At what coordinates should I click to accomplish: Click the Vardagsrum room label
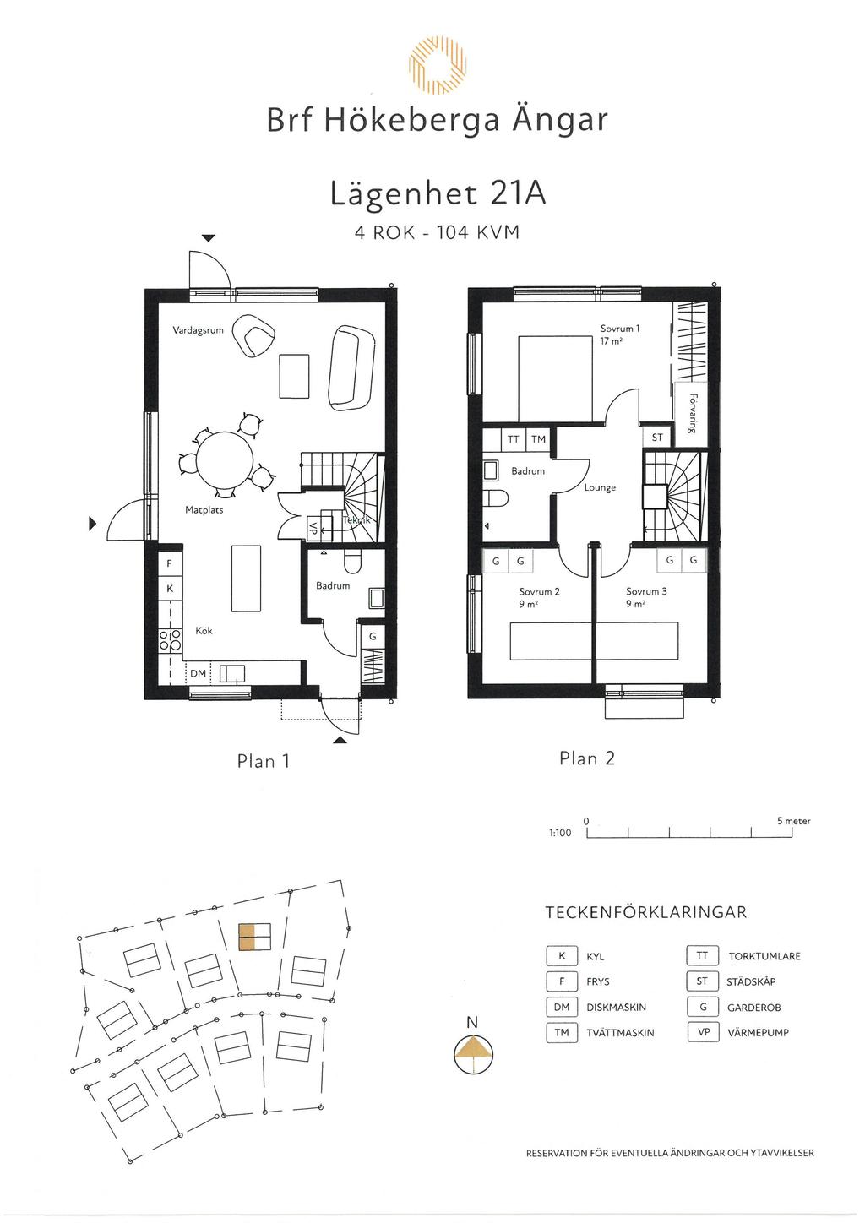coord(198,330)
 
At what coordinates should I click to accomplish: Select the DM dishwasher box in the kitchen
coord(198,673)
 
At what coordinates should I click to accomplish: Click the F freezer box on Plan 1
coord(170,563)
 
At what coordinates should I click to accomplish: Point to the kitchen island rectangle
coord(246,578)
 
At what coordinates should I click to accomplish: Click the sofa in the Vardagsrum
coord(352,363)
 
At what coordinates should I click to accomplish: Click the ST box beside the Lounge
coord(656,438)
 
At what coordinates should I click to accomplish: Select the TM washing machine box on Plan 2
coord(538,440)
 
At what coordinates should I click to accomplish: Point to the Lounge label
coord(600,487)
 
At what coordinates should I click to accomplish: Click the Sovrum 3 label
coord(646,591)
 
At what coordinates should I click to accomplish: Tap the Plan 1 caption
coord(264,761)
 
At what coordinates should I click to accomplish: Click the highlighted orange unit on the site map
coord(247,938)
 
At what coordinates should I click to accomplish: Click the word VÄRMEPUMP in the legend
coord(758,1032)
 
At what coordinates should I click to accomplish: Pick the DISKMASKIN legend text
coord(616,1008)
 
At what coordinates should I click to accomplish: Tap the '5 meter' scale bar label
coord(793,821)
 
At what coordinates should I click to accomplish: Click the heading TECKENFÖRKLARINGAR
coord(646,913)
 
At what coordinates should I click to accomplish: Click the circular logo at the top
coord(437,65)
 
